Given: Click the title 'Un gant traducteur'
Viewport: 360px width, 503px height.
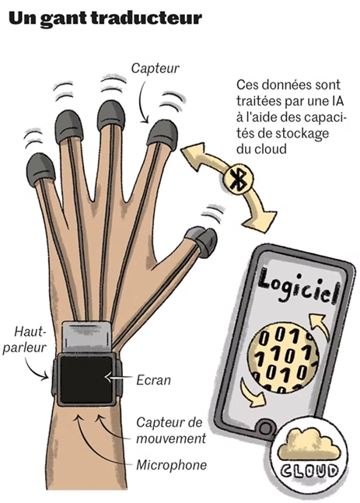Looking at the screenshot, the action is tap(105, 19).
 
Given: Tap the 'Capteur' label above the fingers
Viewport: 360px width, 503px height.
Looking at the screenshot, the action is tap(155, 68).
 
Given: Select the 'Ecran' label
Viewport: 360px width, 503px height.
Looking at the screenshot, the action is tap(153, 380).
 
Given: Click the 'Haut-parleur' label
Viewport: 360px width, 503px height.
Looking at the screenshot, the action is tap(26, 340).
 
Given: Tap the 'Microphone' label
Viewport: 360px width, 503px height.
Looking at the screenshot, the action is tap(171, 465).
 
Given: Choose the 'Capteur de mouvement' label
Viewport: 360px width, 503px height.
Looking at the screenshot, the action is tap(171, 431).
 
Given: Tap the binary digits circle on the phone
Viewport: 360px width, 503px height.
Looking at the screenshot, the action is tap(283, 358).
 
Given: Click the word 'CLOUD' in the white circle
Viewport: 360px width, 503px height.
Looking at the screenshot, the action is tap(309, 471).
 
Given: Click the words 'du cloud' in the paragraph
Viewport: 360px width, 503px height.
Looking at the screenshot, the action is tap(261, 148).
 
